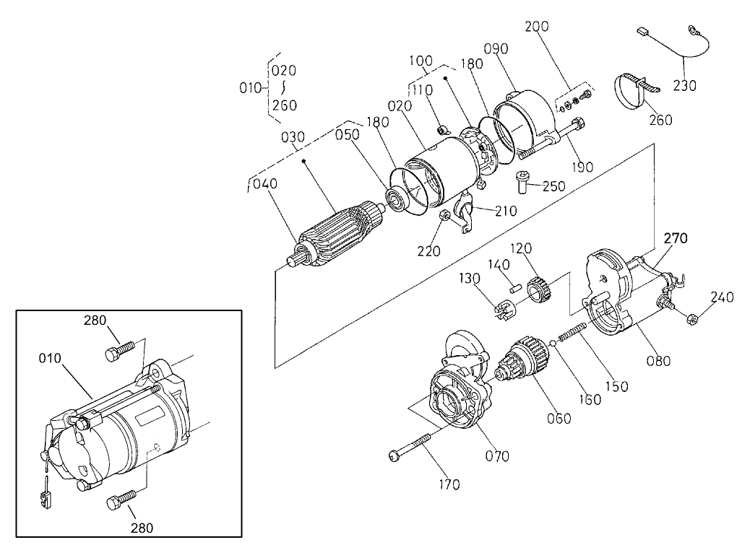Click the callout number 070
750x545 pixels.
point(498,455)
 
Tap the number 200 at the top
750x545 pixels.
point(536,26)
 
